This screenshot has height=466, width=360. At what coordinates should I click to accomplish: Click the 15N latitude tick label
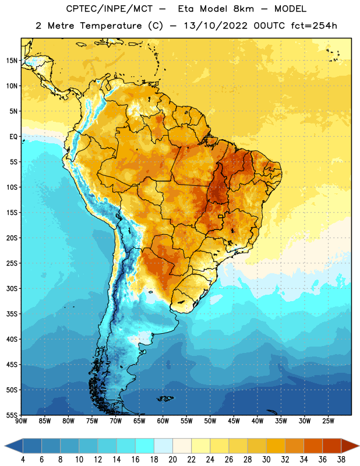(12, 61)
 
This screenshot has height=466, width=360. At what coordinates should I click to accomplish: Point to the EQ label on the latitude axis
(13, 137)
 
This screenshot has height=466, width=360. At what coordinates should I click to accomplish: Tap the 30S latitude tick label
(12, 288)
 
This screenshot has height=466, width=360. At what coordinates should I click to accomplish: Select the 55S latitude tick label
(12, 415)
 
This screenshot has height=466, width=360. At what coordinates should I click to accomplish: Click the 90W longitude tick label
(22, 421)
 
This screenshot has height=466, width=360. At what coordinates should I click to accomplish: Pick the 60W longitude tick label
(163, 421)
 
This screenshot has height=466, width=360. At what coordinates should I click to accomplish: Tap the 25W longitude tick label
(328, 421)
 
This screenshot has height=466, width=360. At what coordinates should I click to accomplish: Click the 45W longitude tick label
(234, 421)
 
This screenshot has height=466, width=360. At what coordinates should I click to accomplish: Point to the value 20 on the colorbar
(172, 460)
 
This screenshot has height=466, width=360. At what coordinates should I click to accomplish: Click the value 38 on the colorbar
(341, 460)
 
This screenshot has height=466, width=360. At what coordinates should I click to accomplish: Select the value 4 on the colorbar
(23, 460)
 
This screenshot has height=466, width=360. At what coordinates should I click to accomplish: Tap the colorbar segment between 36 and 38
(332, 446)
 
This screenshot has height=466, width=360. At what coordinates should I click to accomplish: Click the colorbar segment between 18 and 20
(163, 446)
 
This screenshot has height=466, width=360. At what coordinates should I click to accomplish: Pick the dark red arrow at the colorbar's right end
(350, 446)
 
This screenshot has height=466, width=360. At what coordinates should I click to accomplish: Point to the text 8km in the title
(243, 9)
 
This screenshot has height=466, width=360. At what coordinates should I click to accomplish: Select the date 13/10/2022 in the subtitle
(216, 26)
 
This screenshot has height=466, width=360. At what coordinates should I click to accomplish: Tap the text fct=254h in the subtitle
(314, 26)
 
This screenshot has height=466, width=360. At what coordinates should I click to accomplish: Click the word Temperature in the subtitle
(111, 26)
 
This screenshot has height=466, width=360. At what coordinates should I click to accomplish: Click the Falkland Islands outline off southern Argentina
(165, 398)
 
